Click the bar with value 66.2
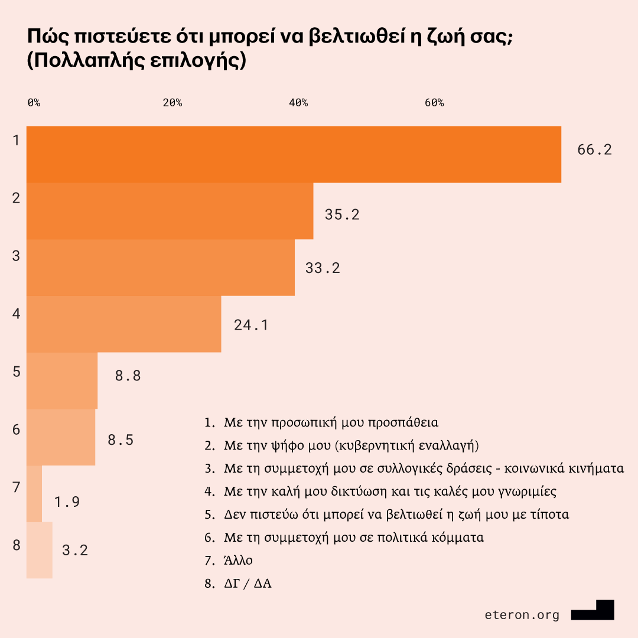pyautogui.click(x=294, y=155)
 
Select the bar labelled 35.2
pyautogui.click(x=170, y=211)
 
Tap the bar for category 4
pyautogui.click(x=123, y=324)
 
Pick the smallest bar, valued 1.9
pyautogui.click(x=34, y=494)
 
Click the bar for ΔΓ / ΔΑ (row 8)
pyautogui.click(x=40, y=551)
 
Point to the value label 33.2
pyautogui.click(x=323, y=268)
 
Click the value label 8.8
pyautogui.click(x=128, y=375)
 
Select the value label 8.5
pyautogui.click(x=121, y=440)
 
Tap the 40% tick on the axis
pyautogui.click(x=298, y=103)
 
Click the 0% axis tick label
pyautogui.click(x=34, y=103)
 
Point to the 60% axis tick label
pyautogui.click(x=434, y=103)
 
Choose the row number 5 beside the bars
pyautogui.click(x=17, y=372)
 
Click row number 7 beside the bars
pyautogui.click(x=17, y=487)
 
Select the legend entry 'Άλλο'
pyautogui.click(x=238, y=560)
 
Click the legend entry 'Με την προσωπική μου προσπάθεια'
pyautogui.click(x=331, y=423)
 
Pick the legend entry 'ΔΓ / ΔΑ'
pyautogui.click(x=248, y=583)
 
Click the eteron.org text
pyautogui.click(x=522, y=615)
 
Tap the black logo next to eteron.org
pyautogui.click(x=593, y=611)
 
